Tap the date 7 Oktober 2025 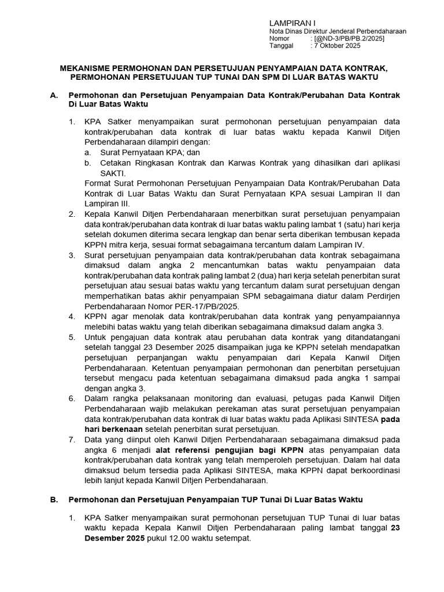338,46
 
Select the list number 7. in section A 72,439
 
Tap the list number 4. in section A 72,316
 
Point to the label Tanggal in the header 282,46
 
